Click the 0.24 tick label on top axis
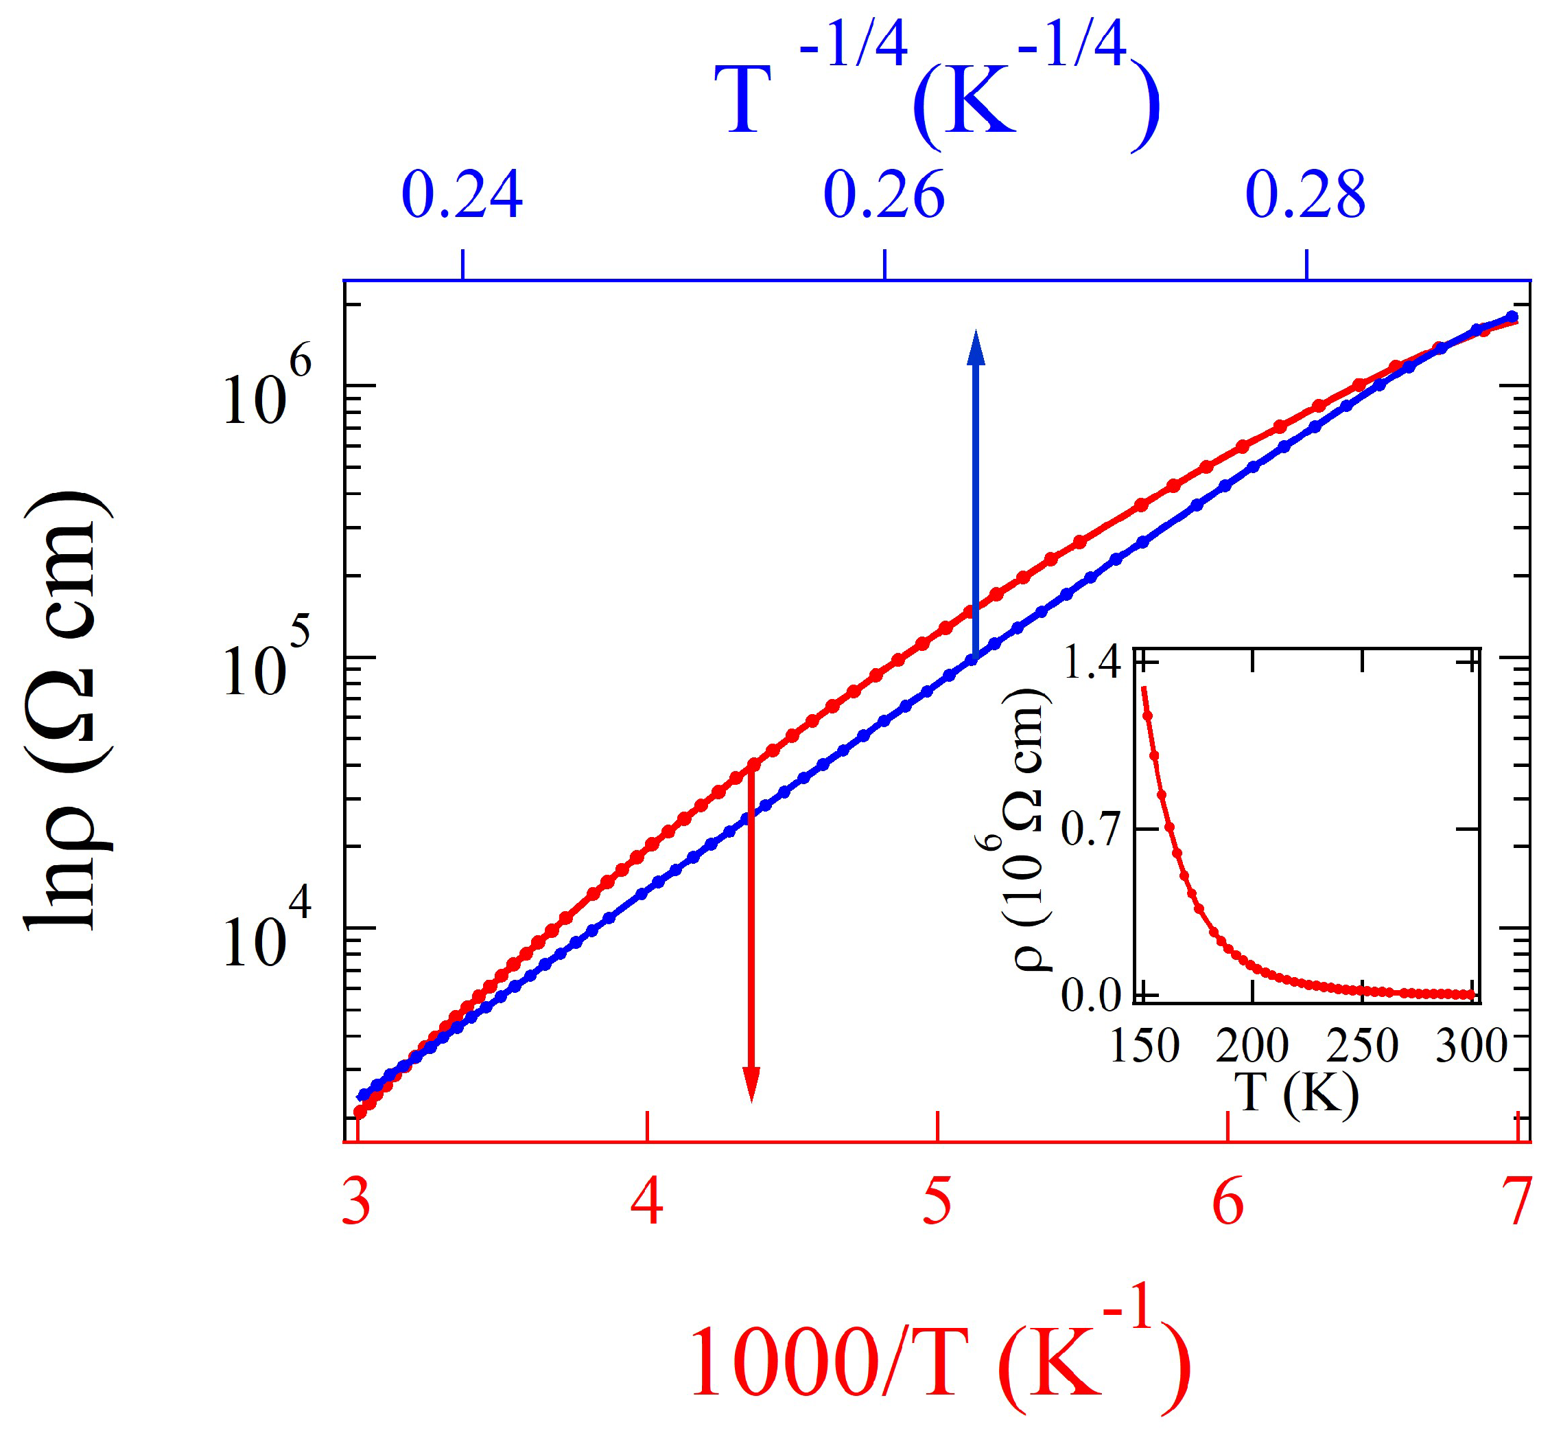pos(462,196)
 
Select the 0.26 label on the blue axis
pos(884,196)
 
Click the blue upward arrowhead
pos(976,347)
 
